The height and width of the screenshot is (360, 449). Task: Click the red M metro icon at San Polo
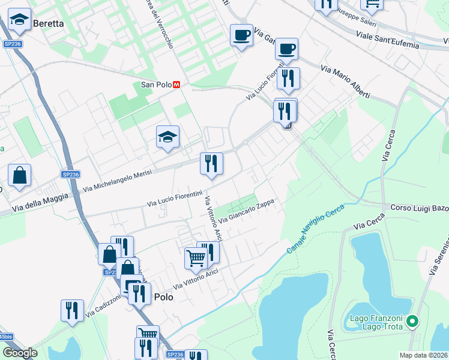pos(176,85)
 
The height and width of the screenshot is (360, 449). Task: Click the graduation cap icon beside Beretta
pos(20,21)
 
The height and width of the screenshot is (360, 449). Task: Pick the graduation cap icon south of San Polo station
pos(167,137)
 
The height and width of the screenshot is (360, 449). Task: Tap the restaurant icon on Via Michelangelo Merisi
pos(211,163)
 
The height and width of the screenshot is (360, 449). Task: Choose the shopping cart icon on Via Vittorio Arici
pos(196,258)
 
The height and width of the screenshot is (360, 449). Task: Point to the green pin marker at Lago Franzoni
pos(412,322)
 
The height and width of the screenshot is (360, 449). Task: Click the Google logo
pos(20,353)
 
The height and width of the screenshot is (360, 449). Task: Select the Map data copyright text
pos(424,355)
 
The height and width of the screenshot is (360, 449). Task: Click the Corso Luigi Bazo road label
pos(419,208)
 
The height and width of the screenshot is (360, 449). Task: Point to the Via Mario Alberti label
pos(345,83)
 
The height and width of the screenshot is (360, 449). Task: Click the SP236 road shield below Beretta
pos(12,44)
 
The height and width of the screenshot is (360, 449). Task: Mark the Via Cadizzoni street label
pos(104,306)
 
